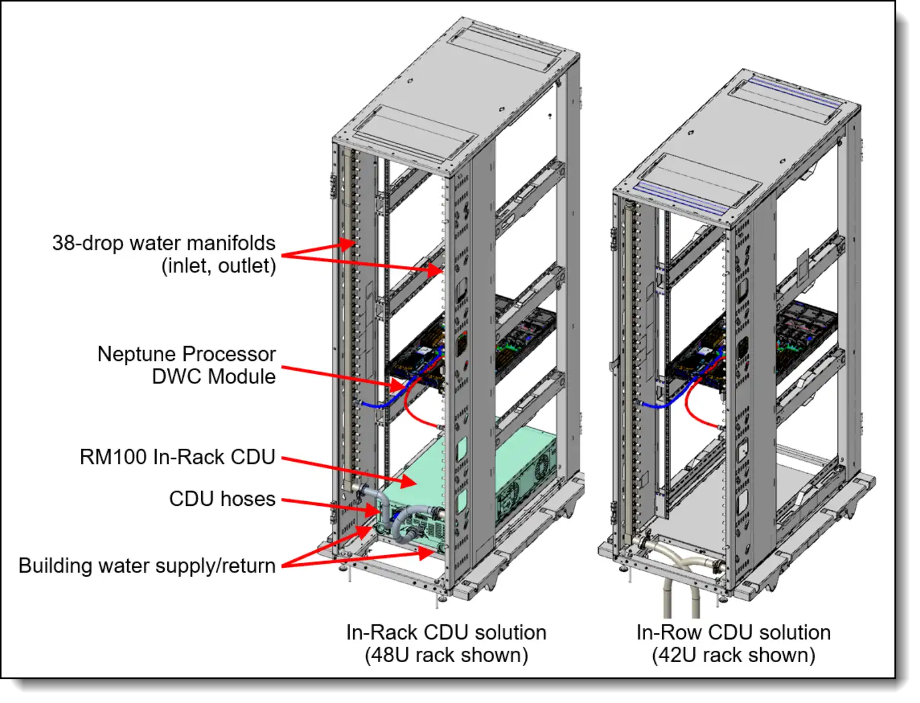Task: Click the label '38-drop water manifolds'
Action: [x=164, y=243]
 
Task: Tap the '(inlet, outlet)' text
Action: [x=218, y=266]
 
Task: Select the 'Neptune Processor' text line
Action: [x=186, y=354]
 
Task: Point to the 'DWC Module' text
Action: [x=213, y=377]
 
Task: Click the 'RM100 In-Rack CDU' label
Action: [x=177, y=457]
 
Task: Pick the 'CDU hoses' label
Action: [x=222, y=499]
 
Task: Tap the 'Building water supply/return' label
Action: [x=147, y=566]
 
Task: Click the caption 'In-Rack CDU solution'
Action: [x=446, y=632]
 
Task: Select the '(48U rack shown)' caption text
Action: [x=446, y=655]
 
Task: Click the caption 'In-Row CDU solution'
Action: [x=733, y=632]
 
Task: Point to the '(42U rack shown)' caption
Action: [x=733, y=655]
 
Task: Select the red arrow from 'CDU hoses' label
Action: [x=328, y=505]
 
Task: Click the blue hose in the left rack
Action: [x=377, y=405]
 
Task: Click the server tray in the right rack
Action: [x=747, y=345]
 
